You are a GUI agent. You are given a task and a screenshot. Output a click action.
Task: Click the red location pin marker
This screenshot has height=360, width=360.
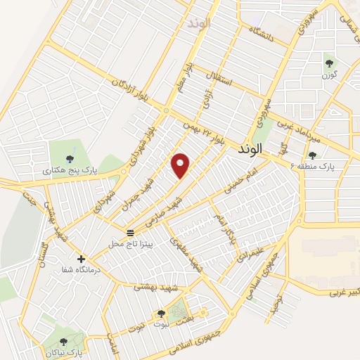(x=181, y=165)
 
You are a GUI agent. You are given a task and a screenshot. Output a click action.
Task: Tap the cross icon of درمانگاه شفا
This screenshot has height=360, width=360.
(x=81, y=258)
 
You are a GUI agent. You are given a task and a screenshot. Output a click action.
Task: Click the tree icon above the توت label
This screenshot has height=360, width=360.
(x=161, y=314)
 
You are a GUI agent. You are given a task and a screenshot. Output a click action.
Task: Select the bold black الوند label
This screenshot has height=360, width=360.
(x=250, y=149)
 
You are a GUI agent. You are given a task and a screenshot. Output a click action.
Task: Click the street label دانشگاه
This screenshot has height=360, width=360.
(x=271, y=33)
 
